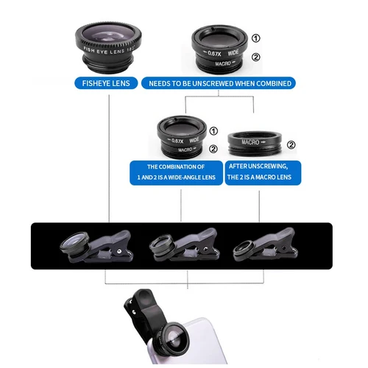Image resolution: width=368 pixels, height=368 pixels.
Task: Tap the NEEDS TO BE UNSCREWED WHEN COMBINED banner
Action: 221,83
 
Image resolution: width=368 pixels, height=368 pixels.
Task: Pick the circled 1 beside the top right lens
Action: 255,39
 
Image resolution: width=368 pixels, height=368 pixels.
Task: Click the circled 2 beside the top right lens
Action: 255,57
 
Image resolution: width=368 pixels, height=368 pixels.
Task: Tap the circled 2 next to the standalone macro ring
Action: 291,145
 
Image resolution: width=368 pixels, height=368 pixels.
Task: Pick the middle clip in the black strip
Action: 177,246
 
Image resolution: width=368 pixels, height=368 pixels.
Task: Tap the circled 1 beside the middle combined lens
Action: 213,131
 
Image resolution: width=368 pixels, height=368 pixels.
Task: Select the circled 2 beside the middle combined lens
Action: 213,148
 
